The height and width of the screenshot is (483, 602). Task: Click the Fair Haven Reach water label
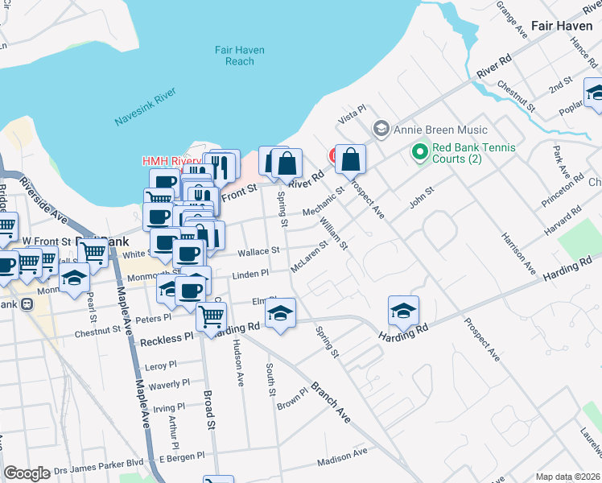pyautogui.click(x=234, y=56)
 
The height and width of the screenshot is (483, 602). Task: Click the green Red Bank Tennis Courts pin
pyautogui.click(x=419, y=151)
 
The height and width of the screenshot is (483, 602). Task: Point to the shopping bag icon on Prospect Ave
pyautogui.click(x=350, y=160)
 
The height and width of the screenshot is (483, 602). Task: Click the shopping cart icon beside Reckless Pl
pyautogui.click(x=211, y=318)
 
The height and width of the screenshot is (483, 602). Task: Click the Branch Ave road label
pyautogui.click(x=332, y=402)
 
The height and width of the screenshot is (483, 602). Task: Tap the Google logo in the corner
pyautogui.click(x=27, y=474)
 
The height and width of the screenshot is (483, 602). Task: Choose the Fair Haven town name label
pyautogui.click(x=562, y=26)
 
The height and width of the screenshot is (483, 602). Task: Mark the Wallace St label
pyautogui.click(x=258, y=251)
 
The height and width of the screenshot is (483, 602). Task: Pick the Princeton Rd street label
pyautogui.click(x=563, y=185)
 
